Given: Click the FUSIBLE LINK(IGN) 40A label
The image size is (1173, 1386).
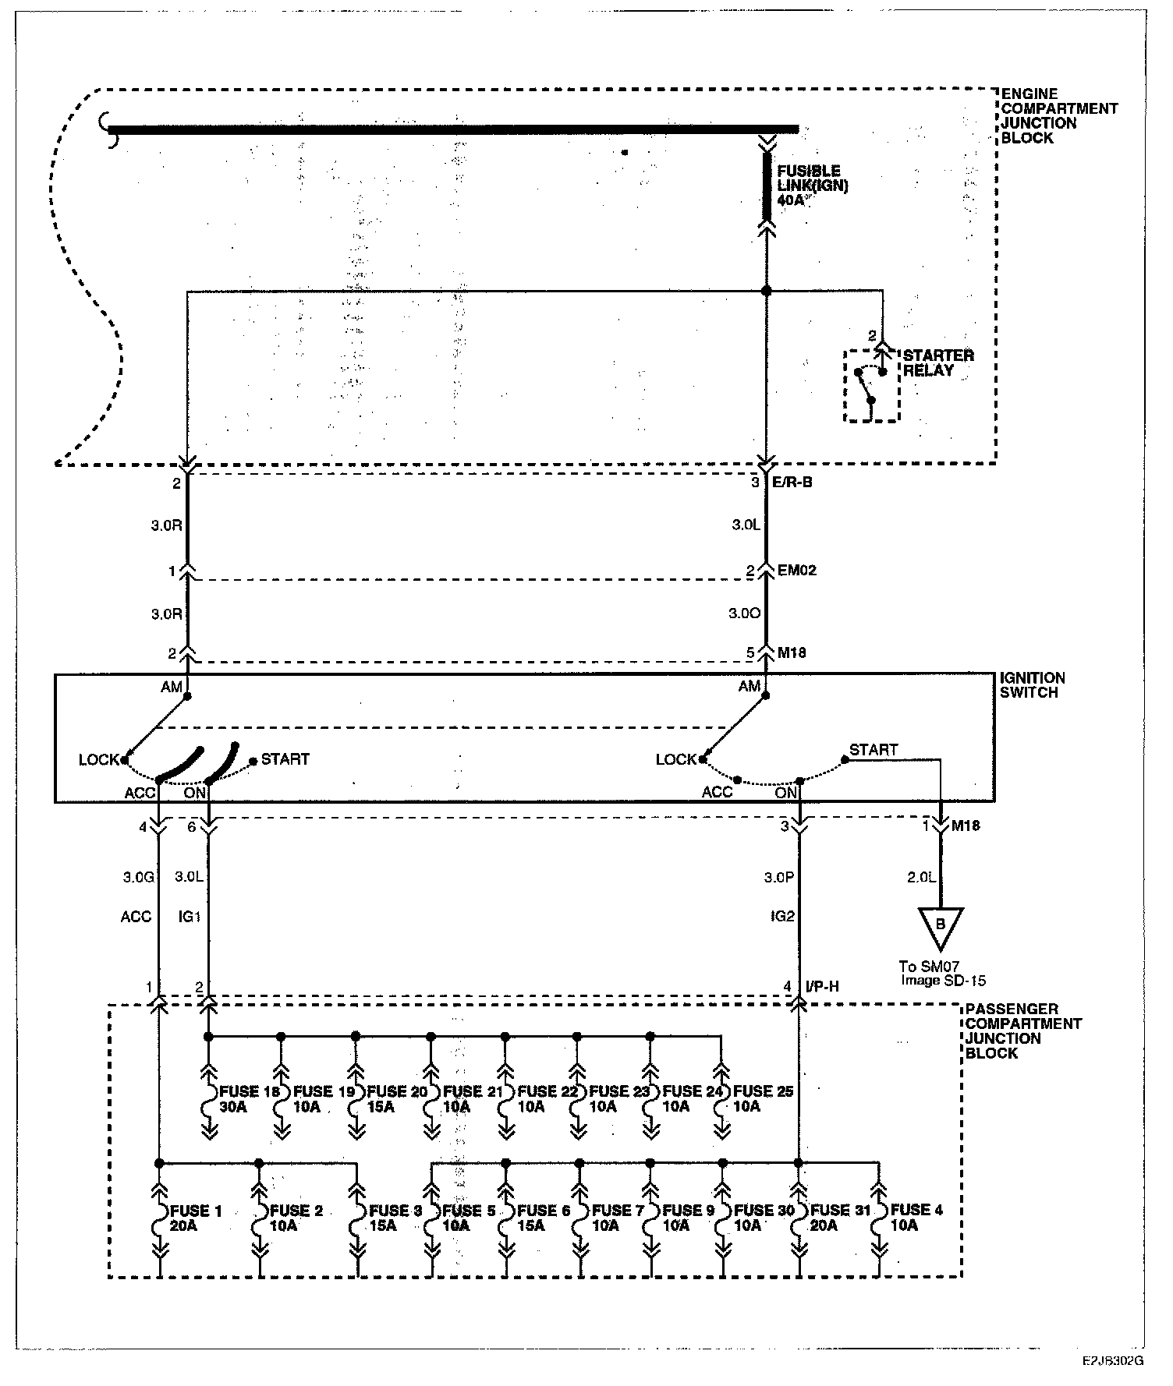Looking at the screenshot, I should (x=810, y=186).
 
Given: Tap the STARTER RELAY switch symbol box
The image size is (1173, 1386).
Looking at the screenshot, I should (x=871, y=387).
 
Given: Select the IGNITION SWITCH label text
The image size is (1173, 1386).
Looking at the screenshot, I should (x=1032, y=686).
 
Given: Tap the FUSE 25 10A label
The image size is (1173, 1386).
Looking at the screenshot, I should (x=763, y=1099).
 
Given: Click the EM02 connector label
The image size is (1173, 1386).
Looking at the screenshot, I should (x=796, y=570).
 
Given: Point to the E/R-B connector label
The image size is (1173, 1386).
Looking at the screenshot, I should (x=794, y=483).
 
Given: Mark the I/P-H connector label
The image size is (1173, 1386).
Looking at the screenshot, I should (x=822, y=987).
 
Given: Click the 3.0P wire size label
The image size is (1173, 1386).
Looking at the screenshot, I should (x=778, y=878).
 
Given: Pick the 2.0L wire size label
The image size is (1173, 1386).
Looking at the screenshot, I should (x=920, y=878).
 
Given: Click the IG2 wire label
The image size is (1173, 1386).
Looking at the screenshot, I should (x=782, y=917).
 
